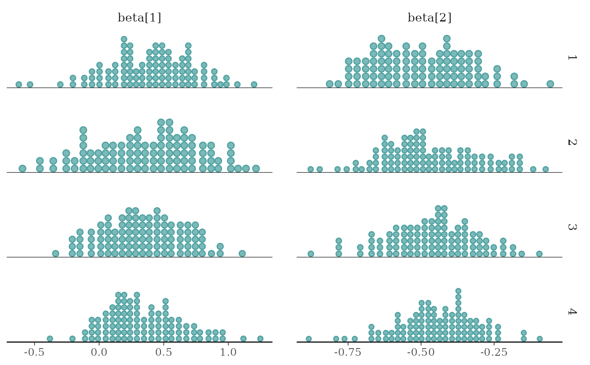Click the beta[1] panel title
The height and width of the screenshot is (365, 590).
(139, 18)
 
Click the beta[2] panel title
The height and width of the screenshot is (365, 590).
(429, 18)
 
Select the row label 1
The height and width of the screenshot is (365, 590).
(571, 57)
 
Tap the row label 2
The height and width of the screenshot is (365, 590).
(571, 142)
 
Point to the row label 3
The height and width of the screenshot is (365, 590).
(571, 227)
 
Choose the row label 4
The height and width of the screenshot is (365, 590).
(571, 312)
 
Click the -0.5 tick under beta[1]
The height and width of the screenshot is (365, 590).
(35, 352)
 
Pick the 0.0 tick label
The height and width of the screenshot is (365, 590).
(99, 352)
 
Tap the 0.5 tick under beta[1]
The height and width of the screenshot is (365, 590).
(164, 352)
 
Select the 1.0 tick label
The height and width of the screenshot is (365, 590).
(228, 352)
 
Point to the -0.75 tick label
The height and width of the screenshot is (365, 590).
(347, 352)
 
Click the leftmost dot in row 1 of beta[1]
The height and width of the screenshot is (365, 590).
(19, 84)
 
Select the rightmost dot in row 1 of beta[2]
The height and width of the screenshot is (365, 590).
(550, 84)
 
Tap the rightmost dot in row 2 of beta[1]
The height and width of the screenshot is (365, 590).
(256, 169)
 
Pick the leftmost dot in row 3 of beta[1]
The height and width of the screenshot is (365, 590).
(55, 253)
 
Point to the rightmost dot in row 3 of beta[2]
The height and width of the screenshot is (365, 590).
(539, 253)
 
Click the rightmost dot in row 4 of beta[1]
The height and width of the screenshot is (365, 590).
(260, 338)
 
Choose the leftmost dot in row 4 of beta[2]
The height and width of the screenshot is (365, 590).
(308, 338)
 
